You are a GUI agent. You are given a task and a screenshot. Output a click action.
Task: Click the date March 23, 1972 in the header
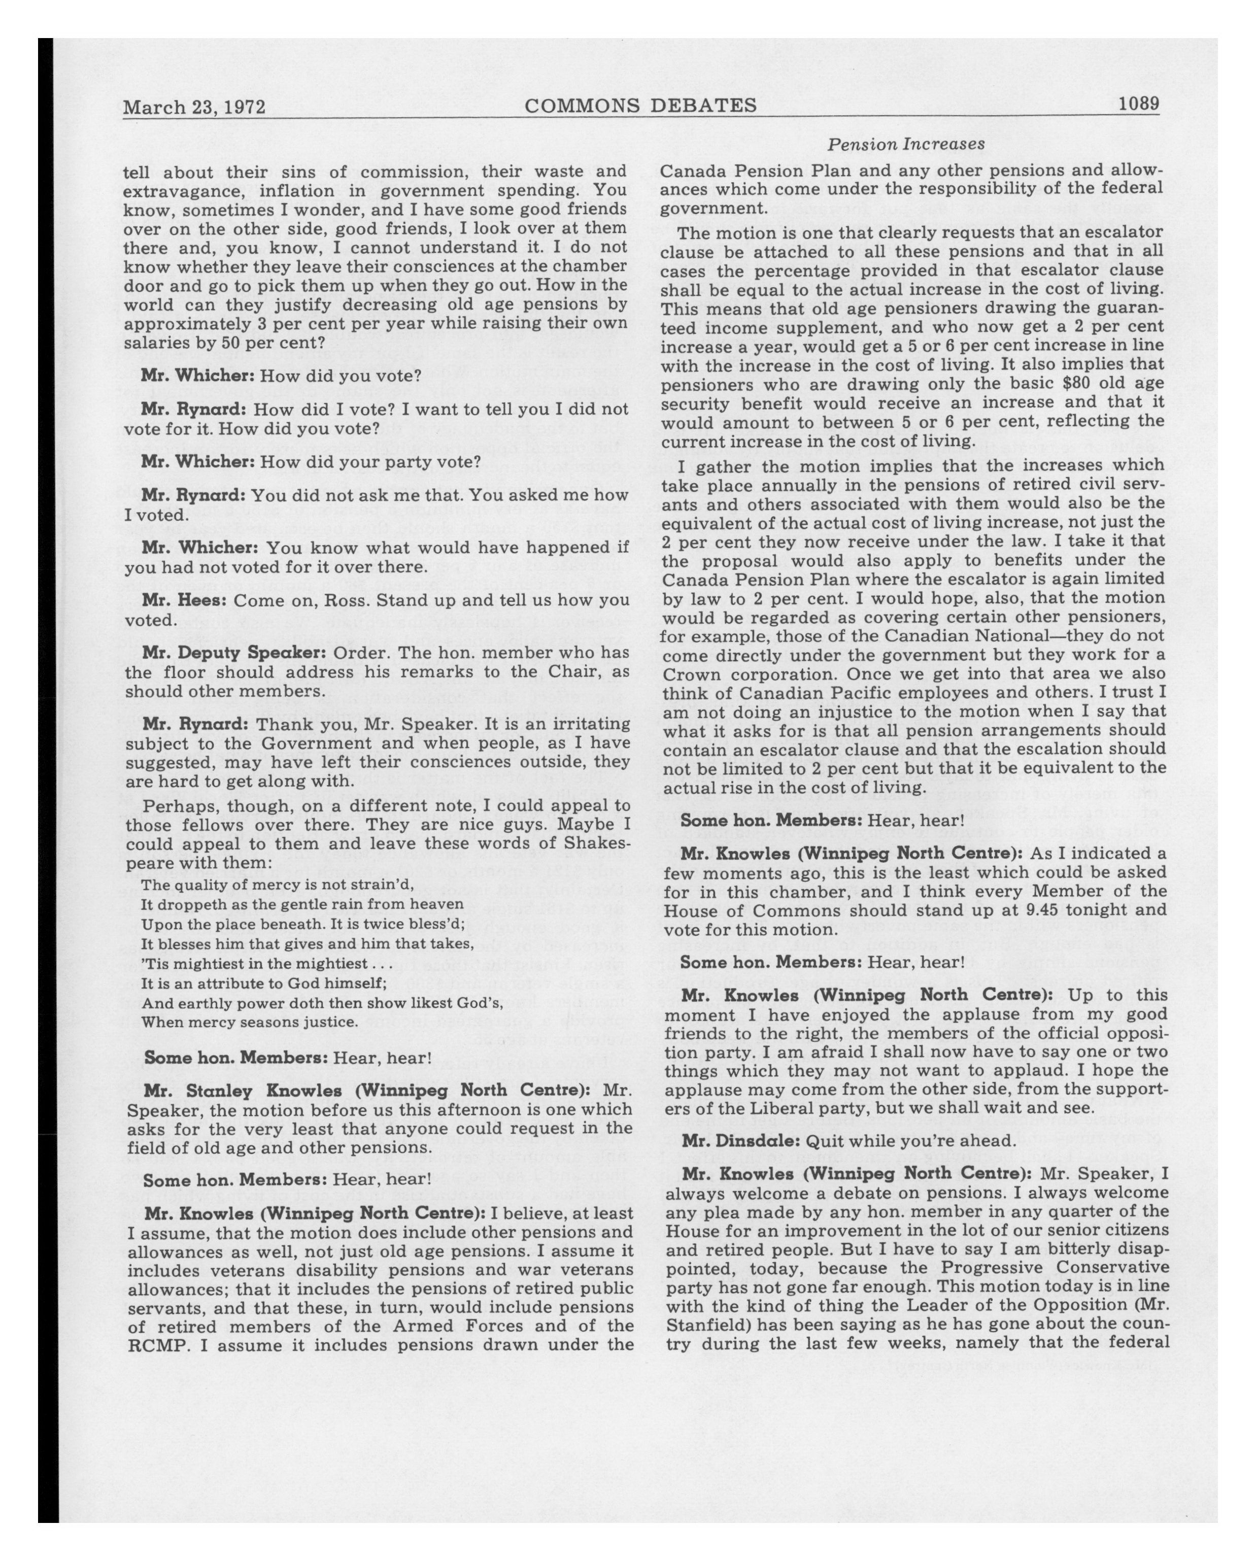(x=194, y=107)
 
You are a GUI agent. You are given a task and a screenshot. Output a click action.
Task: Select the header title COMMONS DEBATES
(x=640, y=106)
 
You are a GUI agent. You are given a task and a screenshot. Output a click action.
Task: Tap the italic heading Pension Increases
(x=906, y=144)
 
